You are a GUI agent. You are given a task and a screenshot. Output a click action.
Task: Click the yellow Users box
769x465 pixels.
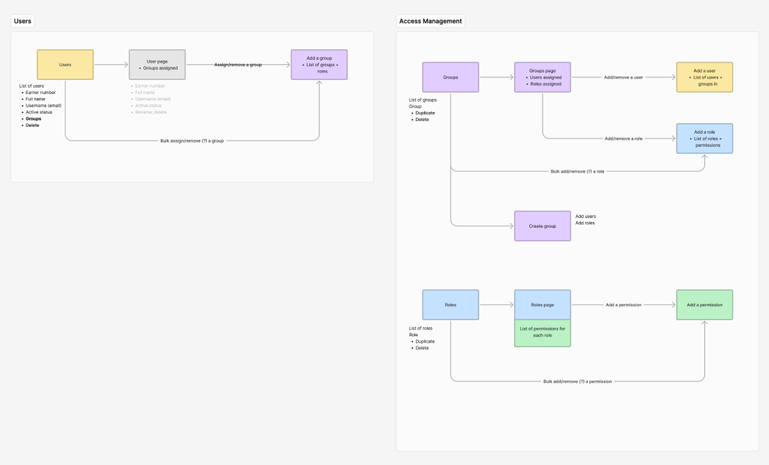(65, 64)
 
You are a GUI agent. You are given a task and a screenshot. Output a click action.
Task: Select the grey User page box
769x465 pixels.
(157, 64)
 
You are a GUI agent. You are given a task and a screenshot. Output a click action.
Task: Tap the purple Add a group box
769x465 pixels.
(319, 64)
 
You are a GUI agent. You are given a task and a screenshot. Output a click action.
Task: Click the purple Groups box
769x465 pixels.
(450, 77)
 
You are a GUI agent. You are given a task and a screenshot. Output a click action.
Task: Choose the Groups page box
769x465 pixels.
(542, 77)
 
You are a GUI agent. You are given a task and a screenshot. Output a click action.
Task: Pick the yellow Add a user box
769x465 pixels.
(704, 77)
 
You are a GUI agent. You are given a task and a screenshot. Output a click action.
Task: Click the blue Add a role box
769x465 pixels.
(704, 139)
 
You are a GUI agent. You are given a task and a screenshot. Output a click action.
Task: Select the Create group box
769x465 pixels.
(542, 226)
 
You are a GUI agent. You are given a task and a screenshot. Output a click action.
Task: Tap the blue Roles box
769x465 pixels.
(450, 305)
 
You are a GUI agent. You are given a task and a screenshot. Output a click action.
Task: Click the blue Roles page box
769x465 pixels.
(542, 305)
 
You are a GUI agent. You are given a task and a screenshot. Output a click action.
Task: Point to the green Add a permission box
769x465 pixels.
(704, 305)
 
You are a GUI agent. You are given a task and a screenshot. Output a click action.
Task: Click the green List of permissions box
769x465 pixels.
(542, 332)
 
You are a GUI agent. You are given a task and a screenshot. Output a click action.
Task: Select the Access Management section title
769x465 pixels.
(430, 21)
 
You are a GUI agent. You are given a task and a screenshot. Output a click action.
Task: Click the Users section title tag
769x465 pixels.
(22, 21)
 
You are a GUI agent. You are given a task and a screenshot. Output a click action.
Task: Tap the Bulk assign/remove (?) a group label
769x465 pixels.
(192, 141)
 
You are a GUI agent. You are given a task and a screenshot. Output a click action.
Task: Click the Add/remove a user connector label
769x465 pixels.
(623, 77)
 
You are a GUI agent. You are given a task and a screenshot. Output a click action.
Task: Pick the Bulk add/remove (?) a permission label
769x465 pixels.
(577, 381)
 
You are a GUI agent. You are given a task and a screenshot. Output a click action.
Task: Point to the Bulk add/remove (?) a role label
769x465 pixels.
(577, 171)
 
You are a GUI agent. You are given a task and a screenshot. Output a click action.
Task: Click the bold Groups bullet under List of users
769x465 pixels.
(33, 119)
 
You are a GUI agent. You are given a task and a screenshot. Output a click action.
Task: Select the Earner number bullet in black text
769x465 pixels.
(40, 93)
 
